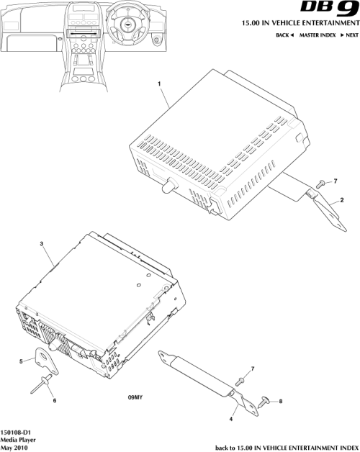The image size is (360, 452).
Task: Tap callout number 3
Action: pyautogui.click(x=42, y=245)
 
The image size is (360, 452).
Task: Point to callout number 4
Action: pyautogui.click(x=232, y=418)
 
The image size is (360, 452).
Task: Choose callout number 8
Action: pyautogui.click(x=280, y=401)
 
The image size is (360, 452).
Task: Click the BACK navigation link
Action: pyautogui.click(x=285, y=35)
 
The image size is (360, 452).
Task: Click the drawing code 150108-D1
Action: pyautogui.click(x=16, y=430)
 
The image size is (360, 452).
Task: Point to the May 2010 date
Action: pyautogui.click(x=14, y=446)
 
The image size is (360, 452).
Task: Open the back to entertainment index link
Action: pyautogui.click(x=287, y=446)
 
